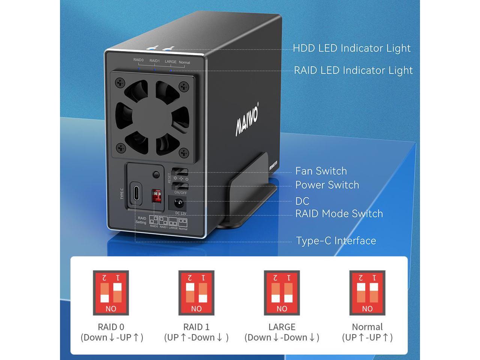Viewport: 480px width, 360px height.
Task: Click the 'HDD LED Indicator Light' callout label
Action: pos(351,48)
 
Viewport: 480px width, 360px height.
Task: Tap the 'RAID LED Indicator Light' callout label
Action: pos(353,70)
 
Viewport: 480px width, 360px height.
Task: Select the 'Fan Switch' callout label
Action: pos(321,171)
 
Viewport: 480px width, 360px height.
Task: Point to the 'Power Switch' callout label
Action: pos(327,185)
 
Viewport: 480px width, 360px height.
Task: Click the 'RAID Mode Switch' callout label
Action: pos(339,214)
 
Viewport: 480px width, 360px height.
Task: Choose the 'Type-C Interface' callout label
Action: pos(336,241)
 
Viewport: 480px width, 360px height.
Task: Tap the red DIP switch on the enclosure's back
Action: pos(156,195)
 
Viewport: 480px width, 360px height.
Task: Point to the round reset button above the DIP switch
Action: pos(156,174)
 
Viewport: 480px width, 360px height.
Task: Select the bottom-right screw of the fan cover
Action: pos(183,152)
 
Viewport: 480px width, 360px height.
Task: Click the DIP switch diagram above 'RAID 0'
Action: pos(111,293)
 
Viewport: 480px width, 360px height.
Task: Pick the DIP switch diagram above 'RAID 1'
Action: pos(196,293)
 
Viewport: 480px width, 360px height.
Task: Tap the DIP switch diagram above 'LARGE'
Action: pos(282,293)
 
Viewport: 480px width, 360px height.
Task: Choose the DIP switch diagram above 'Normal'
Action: pos(367,293)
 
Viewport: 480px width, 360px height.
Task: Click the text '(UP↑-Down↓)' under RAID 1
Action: pos(196,337)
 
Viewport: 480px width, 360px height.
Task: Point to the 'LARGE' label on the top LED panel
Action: pos(171,62)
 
